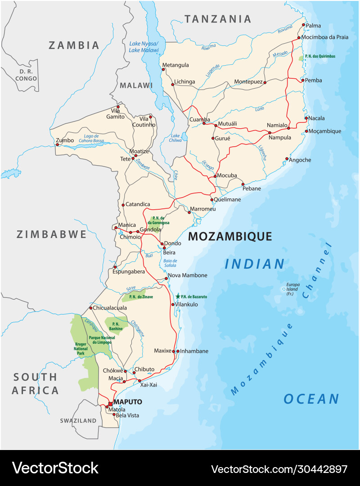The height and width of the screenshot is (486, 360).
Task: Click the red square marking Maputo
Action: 110,404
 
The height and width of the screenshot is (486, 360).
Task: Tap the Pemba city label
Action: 314,80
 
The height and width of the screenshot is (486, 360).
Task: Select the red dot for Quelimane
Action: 212,199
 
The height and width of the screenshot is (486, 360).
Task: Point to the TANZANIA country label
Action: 218,19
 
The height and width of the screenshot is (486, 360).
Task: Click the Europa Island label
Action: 293,289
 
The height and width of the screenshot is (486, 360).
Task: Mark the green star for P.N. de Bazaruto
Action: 178,296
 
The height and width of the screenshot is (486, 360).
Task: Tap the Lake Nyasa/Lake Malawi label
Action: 144,46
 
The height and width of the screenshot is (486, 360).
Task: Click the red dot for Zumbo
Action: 57,145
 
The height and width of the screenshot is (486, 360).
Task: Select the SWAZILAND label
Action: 78,421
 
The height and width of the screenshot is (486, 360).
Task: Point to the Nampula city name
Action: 279,137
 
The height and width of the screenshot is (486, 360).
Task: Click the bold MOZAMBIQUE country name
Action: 230,237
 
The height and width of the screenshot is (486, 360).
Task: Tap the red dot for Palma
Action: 303,25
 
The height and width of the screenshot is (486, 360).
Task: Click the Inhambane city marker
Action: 178,351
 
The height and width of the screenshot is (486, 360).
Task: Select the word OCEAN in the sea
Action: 311,399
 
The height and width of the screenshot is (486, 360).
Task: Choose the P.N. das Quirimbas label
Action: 320,56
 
